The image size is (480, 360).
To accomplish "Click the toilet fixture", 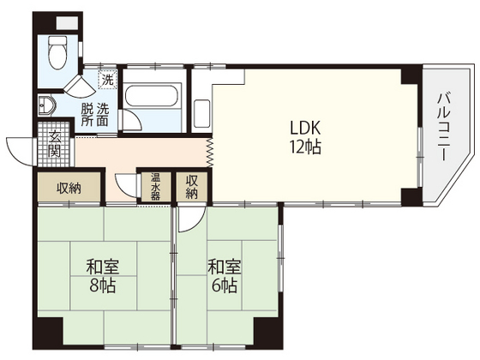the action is coord(57,52).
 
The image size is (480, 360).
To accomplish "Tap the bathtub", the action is coord(152,96).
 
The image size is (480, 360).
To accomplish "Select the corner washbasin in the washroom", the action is coord(46,105).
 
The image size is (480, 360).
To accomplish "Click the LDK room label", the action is coord(305,128).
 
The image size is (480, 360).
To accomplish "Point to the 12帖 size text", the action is coord(305,147).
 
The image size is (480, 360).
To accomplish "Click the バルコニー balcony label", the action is coord(444,127).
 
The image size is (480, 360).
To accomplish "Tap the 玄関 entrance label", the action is coord(55,144).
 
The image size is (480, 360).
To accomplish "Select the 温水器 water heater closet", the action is coord(155,187).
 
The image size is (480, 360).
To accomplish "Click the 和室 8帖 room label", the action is coord(103,276).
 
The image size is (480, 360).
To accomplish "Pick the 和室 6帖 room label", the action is coord(225,276).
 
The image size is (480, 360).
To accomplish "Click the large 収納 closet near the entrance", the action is coord(69,188).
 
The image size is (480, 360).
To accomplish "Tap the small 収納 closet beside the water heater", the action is coord(192,187).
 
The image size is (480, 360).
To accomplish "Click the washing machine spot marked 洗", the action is coord(107,80).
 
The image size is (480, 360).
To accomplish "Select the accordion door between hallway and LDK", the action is coord(210,153).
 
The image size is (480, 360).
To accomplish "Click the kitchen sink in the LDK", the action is coord(202,113).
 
